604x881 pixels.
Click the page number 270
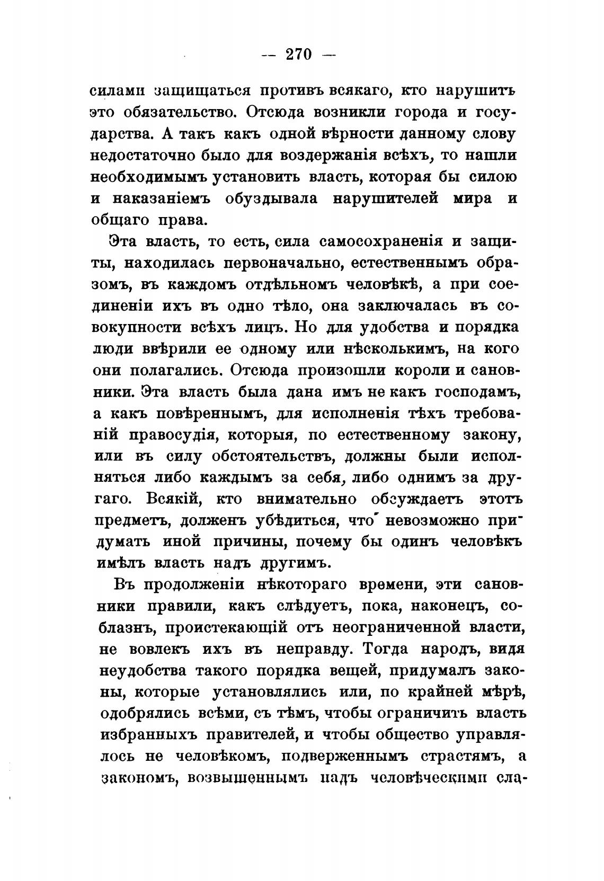299,55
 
